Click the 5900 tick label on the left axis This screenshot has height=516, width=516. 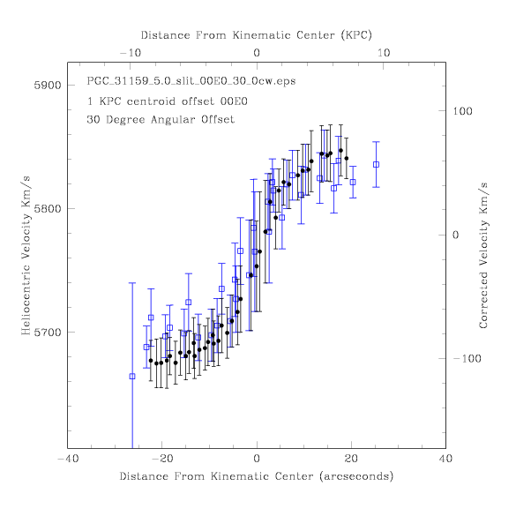point(48,86)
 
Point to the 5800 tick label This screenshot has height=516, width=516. point(48,209)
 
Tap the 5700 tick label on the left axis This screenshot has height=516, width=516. point(48,333)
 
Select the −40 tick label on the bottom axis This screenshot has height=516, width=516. point(68,459)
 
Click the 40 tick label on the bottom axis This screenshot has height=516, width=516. point(445,459)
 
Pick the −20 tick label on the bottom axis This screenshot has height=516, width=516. point(162,459)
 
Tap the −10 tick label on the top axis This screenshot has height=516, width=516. point(131,53)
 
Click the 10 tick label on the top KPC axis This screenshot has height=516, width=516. point(384,53)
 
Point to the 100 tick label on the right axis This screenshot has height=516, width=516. point(462,111)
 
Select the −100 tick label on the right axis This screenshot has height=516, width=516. point(467,358)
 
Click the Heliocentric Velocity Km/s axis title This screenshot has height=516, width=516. point(26,256)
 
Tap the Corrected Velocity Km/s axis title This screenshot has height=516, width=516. point(483,256)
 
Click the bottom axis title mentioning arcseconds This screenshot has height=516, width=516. point(257,476)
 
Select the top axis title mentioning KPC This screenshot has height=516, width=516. point(257,35)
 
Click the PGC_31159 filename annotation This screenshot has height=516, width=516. point(191,81)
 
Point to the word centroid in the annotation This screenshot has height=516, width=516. point(151,101)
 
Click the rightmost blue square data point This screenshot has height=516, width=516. point(376,165)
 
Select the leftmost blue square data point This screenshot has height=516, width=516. point(132,377)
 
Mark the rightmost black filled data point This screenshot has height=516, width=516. point(347,158)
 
